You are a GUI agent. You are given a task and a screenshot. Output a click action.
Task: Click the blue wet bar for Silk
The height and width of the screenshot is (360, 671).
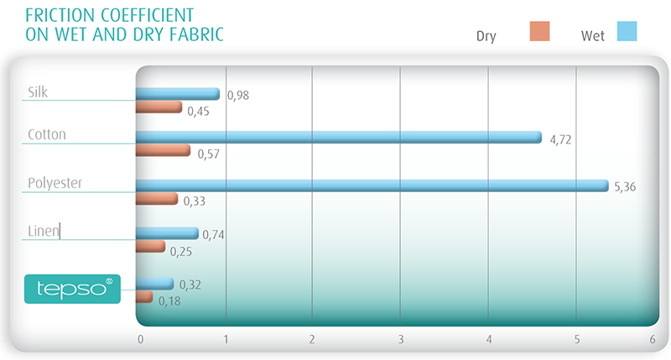(178, 94)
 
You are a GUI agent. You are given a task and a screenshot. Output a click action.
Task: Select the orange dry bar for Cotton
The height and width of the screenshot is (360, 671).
(163, 150)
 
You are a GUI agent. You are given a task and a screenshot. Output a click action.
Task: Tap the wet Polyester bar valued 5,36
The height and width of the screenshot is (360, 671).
(372, 185)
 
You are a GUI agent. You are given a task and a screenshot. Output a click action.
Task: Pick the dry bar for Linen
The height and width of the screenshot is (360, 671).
(151, 246)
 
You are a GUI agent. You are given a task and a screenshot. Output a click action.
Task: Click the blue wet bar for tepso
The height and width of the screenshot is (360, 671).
(155, 284)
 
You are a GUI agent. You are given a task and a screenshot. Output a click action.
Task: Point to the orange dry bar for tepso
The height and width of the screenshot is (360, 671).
(144, 297)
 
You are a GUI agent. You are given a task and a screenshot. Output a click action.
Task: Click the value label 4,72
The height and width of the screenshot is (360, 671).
(560, 139)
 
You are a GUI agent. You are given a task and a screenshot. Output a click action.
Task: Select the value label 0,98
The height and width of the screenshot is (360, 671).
(238, 95)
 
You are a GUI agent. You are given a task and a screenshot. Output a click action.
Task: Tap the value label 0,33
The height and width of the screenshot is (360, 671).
(195, 201)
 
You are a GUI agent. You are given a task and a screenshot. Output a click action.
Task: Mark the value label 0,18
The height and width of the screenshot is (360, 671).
(169, 301)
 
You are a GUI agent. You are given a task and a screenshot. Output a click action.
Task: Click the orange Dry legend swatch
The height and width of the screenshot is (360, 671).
(539, 31)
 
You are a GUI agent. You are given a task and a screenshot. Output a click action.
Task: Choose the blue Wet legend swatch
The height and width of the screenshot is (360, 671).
(627, 31)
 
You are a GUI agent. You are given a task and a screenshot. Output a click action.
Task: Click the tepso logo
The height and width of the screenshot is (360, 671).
(72, 289)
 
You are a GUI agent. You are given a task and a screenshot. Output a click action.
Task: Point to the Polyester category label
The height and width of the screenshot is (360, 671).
(55, 183)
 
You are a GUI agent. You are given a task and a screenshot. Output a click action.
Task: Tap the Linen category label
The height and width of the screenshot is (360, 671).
(44, 231)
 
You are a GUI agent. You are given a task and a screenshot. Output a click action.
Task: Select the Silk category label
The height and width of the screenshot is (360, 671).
(38, 92)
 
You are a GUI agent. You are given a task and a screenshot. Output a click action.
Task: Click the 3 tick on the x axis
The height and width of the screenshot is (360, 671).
(401, 340)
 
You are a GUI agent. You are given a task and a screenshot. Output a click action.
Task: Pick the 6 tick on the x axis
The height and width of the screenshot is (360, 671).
(653, 340)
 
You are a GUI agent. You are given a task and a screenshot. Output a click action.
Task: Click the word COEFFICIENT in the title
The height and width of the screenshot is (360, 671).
(148, 15)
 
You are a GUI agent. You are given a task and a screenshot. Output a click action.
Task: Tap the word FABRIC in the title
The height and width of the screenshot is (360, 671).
(196, 34)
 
